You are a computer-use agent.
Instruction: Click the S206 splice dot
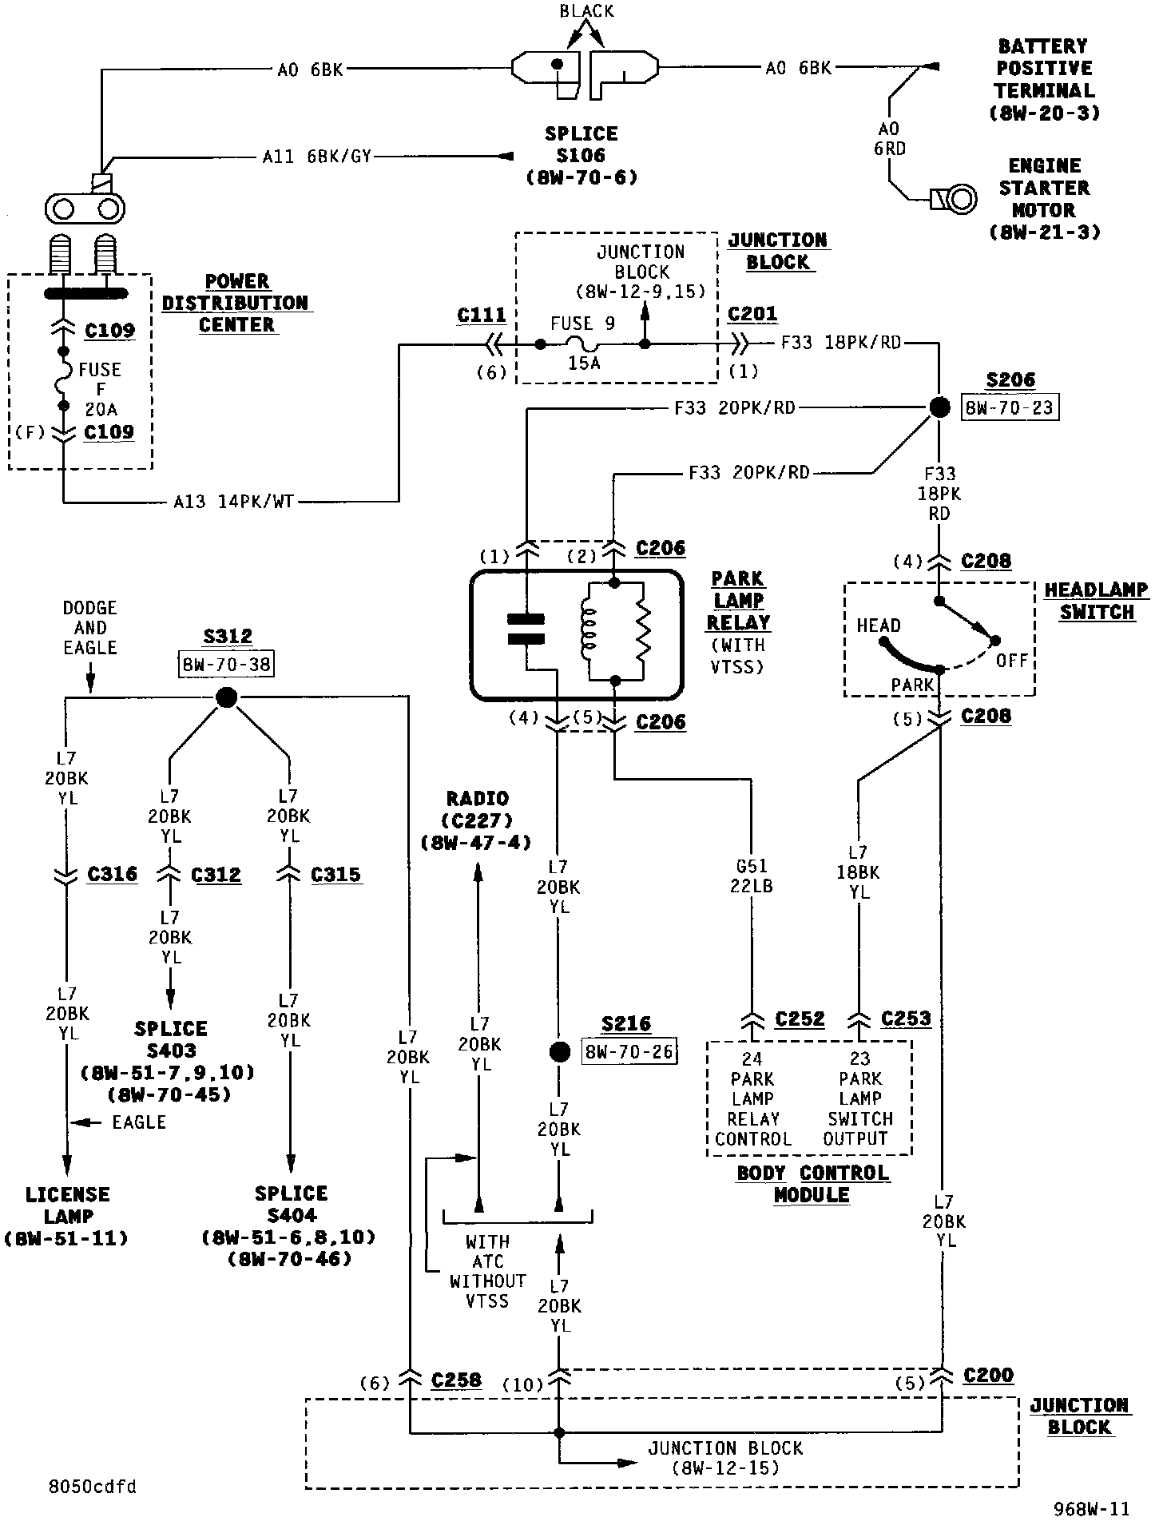[940, 408]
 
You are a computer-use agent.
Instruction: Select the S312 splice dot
[227, 698]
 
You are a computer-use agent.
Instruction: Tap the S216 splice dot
[560, 1051]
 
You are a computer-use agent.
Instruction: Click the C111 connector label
[482, 316]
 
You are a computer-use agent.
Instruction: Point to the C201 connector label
[752, 314]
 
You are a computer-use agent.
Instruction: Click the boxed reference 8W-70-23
[1009, 408]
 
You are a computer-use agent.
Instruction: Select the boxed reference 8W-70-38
[227, 663]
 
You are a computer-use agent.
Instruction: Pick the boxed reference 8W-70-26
[629, 1051]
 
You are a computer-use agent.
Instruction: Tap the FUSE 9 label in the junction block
[583, 324]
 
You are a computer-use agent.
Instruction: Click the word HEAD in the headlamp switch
[879, 625]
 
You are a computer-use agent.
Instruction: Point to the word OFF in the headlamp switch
[1011, 661]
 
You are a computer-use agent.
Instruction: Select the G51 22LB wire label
[751, 876]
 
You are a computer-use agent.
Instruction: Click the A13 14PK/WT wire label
[233, 502]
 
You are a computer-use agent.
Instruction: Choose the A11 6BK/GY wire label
[317, 157]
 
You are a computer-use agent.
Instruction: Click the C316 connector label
[112, 874]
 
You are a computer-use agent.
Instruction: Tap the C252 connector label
[800, 1019]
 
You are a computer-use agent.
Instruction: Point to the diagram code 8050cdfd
[92, 1487]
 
